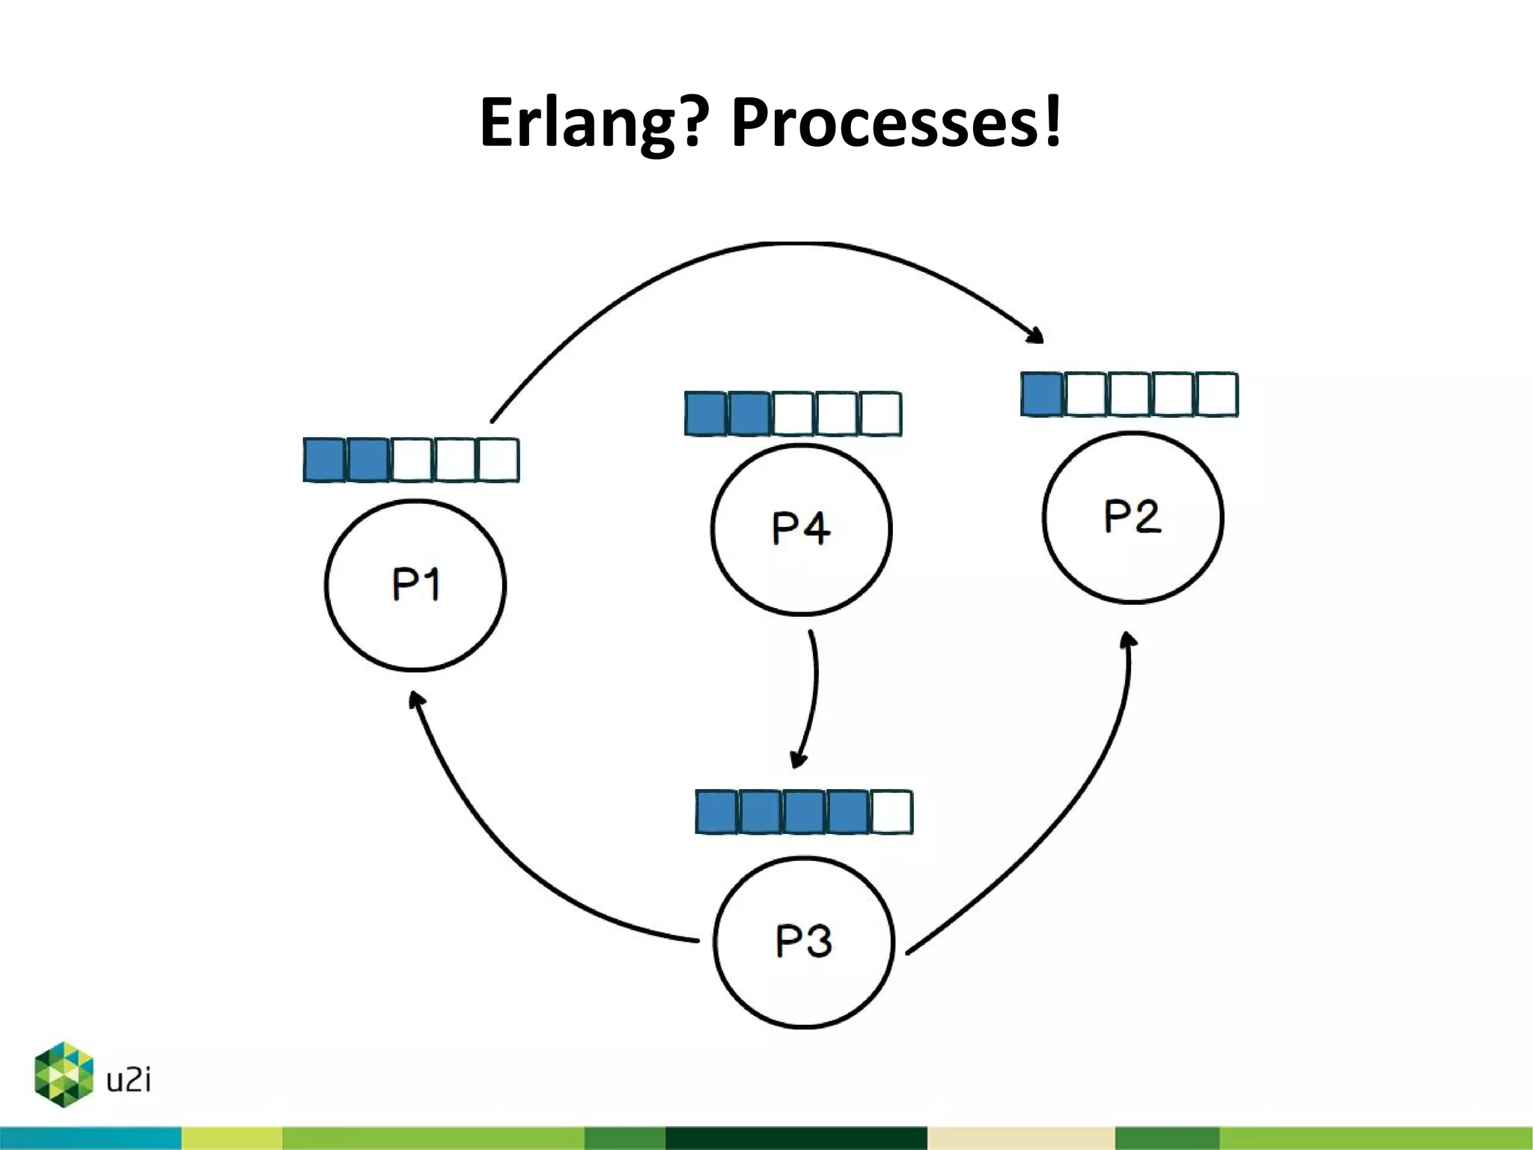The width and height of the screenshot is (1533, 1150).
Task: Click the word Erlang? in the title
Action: [593, 124]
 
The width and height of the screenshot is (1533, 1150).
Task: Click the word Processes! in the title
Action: [896, 122]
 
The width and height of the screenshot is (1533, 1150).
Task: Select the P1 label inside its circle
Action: [415, 585]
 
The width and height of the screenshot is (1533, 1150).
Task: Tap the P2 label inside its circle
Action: [1132, 517]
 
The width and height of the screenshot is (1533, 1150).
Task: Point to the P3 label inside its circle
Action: [803, 941]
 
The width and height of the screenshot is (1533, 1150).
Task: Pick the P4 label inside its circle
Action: [800, 529]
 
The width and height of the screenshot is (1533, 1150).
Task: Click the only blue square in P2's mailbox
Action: [1041, 395]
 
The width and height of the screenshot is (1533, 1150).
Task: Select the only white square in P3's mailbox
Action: [892, 812]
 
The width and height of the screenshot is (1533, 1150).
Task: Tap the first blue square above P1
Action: [324, 460]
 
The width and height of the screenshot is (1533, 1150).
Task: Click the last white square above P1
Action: [498, 460]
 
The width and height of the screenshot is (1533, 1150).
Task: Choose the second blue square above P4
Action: [749, 413]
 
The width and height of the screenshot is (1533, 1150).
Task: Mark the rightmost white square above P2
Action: [1217, 395]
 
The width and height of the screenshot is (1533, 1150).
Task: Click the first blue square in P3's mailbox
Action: [716, 812]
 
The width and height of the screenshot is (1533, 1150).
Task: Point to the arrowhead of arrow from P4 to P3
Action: [799, 759]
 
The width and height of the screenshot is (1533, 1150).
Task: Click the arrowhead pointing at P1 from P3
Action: [415, 700]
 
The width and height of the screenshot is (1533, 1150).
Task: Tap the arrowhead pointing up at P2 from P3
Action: [1129, 640]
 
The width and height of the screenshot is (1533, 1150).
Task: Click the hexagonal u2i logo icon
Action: [64, 1074]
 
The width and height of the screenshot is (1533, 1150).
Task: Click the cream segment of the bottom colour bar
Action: [1020, 1137]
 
